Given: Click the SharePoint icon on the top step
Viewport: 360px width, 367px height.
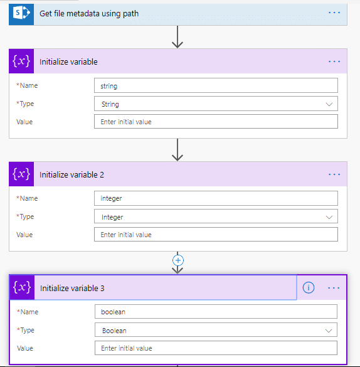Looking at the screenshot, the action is [x=21, y=13].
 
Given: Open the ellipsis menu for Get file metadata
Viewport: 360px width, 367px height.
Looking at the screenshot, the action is [x=334, y=13].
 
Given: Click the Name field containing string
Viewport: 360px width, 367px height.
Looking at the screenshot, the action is [x=216, y=85].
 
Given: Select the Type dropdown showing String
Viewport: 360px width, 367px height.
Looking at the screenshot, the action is [x=216, y=104].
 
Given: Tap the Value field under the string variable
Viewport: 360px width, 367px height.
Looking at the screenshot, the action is [x=216, y=122].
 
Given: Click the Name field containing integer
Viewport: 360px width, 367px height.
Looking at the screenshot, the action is [x=216, y=198].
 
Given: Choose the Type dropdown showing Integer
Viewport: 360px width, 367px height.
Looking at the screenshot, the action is [x=216, y=216].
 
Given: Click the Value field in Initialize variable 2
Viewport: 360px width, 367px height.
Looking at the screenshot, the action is [x=216, y=234].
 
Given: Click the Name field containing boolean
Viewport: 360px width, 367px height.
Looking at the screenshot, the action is [x=216, y=312].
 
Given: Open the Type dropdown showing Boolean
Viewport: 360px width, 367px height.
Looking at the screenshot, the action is [x=216, y=330].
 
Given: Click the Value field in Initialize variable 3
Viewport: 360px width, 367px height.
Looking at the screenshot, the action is [x=216, y=348].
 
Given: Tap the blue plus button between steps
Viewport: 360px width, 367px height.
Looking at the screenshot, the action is [x=178, y=260].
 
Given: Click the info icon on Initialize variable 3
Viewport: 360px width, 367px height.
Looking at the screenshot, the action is [x=309, y=287].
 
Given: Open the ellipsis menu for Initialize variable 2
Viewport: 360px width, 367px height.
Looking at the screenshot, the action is [x=334, y=174].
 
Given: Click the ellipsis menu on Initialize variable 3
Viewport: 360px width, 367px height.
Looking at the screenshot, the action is [x=334, y=288].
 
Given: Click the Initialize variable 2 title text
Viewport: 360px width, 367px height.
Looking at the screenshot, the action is [x=71, y=175].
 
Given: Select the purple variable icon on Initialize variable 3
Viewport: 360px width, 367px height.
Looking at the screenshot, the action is [x=22, y=287].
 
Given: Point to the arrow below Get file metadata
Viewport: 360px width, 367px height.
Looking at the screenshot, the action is [x=177, y=37].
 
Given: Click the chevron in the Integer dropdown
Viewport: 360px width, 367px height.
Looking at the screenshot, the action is [x=329, y=217].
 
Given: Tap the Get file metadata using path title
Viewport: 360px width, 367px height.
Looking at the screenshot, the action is [x=89, y=14].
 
